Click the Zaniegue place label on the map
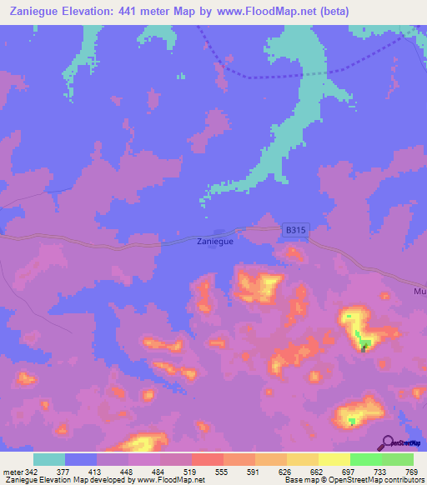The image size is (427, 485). click(x=215, y=242)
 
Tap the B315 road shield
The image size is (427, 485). click(x=292, y=229)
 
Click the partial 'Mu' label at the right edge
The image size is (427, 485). click(x=419, y=292)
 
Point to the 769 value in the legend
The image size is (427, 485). click(x=412, y=471)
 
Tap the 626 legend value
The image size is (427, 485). click(x=285, y=471)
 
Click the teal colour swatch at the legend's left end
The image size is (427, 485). click(x=49, y=459)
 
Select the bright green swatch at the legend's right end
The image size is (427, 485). click(x=397, y=459)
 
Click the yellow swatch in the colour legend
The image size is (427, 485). click(x=334, y=459)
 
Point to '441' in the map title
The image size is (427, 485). click(x=130, y=12)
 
